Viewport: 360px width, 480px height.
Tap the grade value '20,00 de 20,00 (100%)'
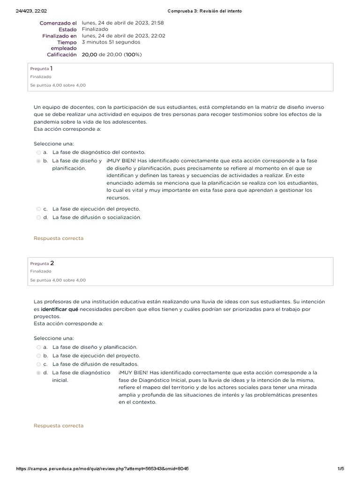click(x=112, y=55)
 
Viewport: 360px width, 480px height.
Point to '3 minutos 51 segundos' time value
click(x=111, y=42)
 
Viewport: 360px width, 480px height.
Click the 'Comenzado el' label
click(x=58, y=22)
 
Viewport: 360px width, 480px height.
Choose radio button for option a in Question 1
click(x=38, y=152)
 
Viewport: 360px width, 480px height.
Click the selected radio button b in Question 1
click(x=38, y=161)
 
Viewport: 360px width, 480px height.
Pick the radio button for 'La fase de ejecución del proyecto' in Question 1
click(x=38, y=209)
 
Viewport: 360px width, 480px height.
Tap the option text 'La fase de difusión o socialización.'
click(x=97, y=217)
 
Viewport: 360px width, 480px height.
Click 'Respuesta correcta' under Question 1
click(x=59, y=239)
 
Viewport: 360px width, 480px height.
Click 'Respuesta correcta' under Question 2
click(x=59, y=426)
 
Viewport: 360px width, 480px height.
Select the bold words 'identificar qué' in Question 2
click(x=59, y=309)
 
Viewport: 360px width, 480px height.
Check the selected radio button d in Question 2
click(x=38, y=373)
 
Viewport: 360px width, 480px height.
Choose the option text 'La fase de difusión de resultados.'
click(x=95, y=364)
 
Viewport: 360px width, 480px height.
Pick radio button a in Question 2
click(x=38, y=347)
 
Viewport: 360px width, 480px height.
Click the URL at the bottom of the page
click(x=102, y=469)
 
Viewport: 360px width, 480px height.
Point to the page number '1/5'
click(x=340, y=469)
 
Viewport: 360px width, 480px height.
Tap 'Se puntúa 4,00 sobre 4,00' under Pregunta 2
click(x=58, y=280)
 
